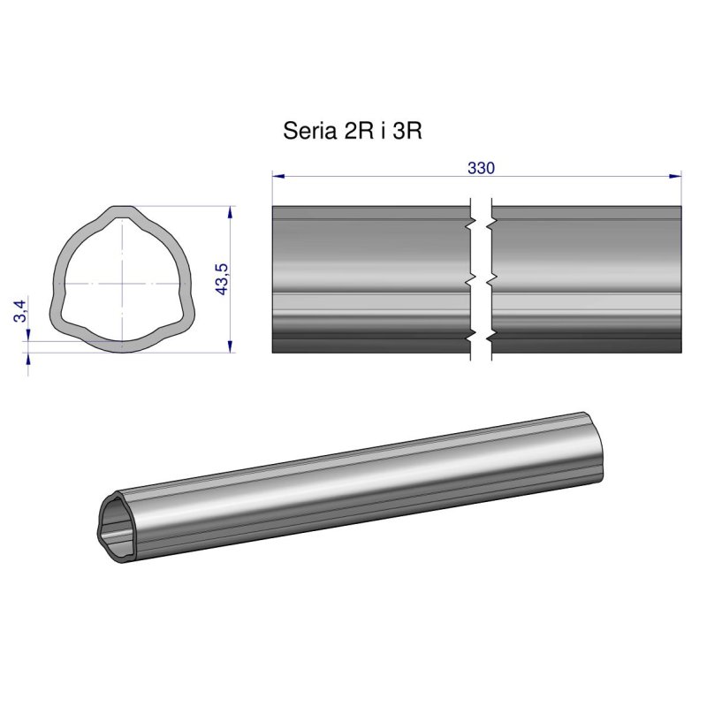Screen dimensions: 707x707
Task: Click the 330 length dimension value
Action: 480,168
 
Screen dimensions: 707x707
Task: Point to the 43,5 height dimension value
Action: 222,279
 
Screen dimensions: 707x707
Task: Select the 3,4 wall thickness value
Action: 19,312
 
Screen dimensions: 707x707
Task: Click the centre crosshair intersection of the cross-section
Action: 121,283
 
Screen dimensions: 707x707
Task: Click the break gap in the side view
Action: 480,278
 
